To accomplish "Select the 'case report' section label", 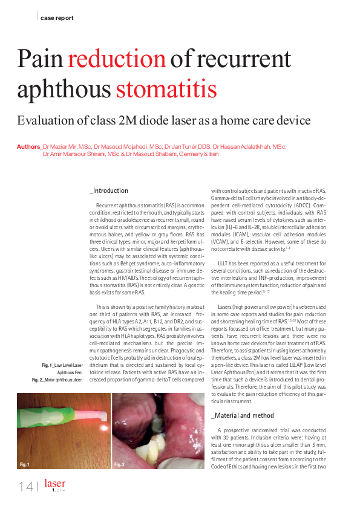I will [57, 18].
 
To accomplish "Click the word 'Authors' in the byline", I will [28, 146].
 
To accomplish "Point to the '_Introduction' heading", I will [109, 190].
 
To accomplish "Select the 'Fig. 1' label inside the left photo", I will [25, 464].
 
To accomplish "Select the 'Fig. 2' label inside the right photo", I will [119, 464].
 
